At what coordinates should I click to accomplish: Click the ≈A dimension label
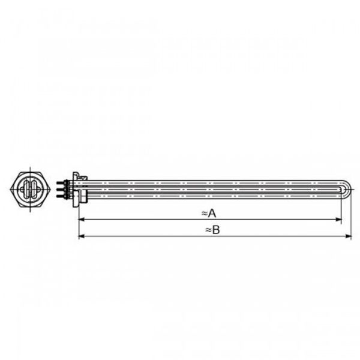pos(208,212)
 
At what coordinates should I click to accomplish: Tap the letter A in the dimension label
pos(212,212)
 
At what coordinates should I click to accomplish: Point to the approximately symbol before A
pos(204,212)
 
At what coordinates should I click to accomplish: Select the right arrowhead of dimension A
pos(340,220)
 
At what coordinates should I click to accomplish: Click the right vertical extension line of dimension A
pos(342,207)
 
